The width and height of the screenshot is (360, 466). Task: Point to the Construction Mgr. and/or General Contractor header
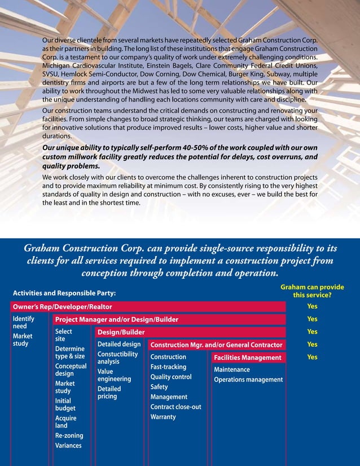[216, 345]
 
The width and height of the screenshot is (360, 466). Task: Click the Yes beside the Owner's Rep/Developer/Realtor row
[312, 306]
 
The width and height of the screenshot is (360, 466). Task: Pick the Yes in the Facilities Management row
[312, 357]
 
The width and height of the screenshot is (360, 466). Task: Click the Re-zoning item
[69, 436]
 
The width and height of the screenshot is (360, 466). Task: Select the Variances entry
[68, 446]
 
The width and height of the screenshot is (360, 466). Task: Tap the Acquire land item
[65, 422]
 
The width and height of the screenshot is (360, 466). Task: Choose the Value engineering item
[114, 376]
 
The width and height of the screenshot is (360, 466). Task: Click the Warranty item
[163, 417]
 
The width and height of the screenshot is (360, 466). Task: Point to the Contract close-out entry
[175, 407]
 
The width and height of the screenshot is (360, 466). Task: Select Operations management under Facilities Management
[248, 380]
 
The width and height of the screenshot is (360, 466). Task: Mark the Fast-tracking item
[168, 367]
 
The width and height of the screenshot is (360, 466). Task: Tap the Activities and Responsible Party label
[64, 293]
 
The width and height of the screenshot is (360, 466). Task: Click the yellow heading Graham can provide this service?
[312, 291]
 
